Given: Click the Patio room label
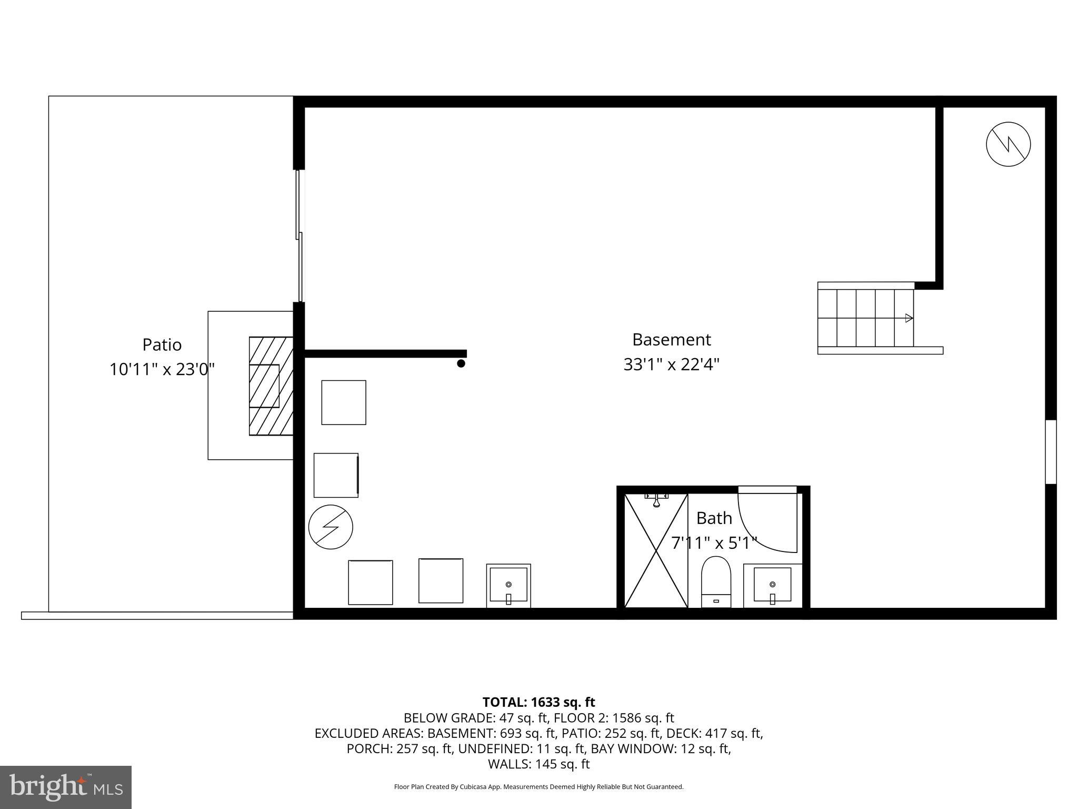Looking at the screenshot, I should pyautogui.click(x=162, y=345).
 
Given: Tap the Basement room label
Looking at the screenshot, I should pyautogui.click(x=671, y=340).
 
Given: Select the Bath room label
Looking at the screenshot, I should pyautogui.click(x=714, y=518).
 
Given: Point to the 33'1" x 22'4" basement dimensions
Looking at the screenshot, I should pyautogui.click(x=671, y=364).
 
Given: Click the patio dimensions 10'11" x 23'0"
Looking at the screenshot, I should pyautogui.click(x=162, y=369).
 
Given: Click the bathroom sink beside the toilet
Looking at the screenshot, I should pyautogui.click(x=772, y=585).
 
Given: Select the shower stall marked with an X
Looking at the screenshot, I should pyautogui.click(x=656, y=550).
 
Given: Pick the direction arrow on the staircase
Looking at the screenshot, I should pyautogui.click(x=909, y=318).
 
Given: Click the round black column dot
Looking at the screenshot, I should pyautogui.click(x=461, y=363).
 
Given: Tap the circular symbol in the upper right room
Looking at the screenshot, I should pyautogui.click(x=1008, y=144).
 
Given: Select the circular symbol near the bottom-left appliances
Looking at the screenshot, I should pyautogui.click(x=331, y=527).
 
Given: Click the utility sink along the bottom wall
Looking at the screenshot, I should pyautogui.click(x=508, y=585).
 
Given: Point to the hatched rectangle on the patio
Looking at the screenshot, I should pyautogui.click(x=271, y=386).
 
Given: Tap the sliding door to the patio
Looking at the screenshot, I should pyautogui.click(x=300, y=236).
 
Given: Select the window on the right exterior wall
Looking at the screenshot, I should pyautogui.click(x=1051, y=451).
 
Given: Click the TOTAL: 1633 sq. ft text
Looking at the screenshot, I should pyautogui.click(x=538, y=702).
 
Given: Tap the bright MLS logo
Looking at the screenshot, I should pyautogui.click(x=66, y=787).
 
